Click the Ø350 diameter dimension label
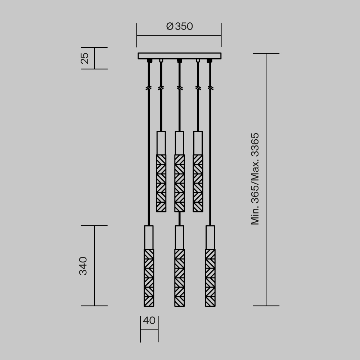click(180, 26)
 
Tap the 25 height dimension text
click(85, 58)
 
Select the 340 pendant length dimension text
click(83, 266)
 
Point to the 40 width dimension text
click(149, 320)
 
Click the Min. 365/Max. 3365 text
click(255, 179)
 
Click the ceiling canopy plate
click(179, 56)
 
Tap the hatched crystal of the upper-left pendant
click(161, 183)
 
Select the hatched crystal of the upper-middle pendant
click(180, 183)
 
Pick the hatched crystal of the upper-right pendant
click(198, 183)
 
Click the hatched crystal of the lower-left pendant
click(149, 277)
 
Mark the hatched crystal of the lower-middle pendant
click(180, 277)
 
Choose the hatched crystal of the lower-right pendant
click(210, 277)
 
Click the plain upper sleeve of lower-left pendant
click(149, 237)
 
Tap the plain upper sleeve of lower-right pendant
click(210, 237)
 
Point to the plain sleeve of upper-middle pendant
click(180, 143)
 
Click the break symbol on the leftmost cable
click(149, 88)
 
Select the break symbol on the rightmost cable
click(210, 88)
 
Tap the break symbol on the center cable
click(179, 88)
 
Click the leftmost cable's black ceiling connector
click(149, 61)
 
